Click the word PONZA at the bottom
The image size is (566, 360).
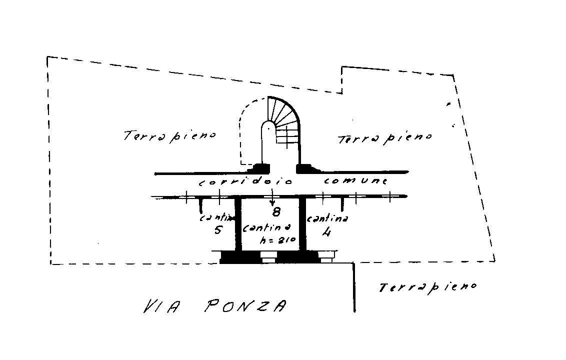tap(245, 306)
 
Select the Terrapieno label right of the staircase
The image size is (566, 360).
tap(385, 138)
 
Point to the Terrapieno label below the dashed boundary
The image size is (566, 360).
tap(427, 287)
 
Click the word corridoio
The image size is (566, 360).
tap(245, 182)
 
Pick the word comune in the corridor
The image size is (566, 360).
tap(356, 180)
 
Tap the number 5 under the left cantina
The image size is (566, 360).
tap(218, 230)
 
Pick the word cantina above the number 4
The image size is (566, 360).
tap(327, 218)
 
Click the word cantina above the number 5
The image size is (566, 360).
tap(217, 218)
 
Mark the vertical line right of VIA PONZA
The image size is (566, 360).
tap(354, 287)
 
